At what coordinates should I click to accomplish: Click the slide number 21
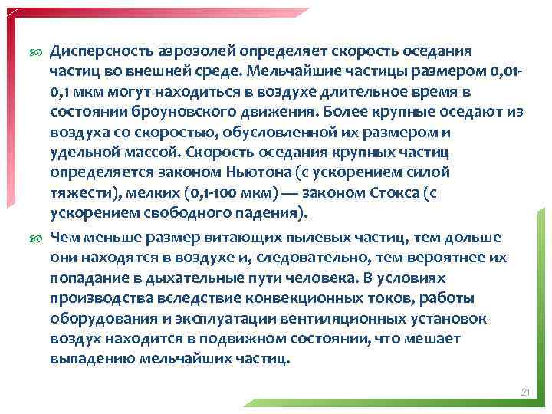pyautogui.click(x=525, y=393)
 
